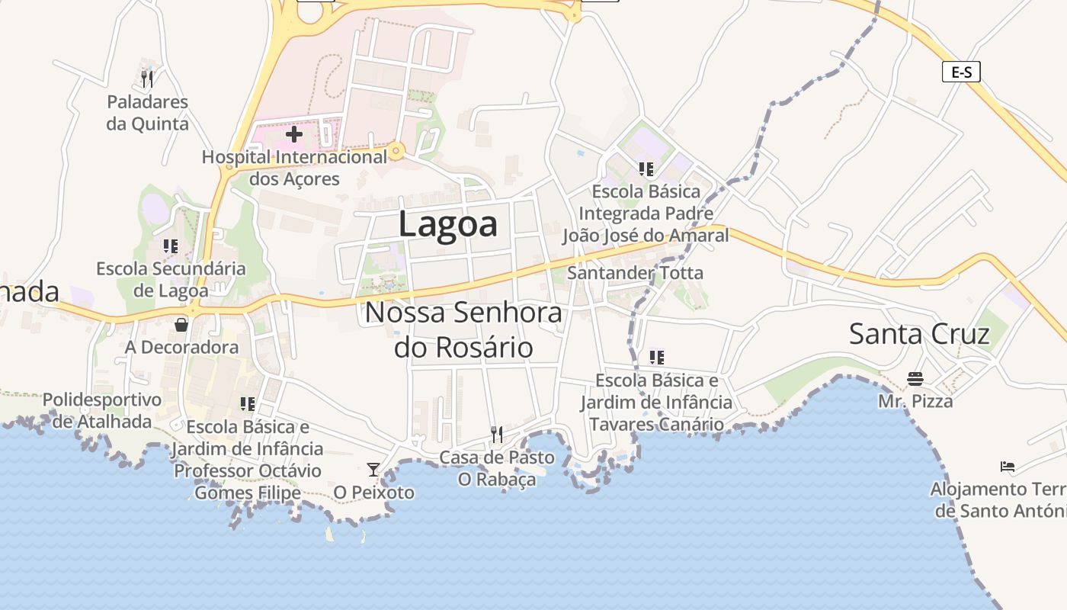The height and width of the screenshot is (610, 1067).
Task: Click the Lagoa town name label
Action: (x=448, y=224)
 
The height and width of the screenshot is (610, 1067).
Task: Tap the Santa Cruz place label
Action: (x=919, y=334)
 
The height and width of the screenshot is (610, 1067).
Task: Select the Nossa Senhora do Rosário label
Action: (x=463, y=329)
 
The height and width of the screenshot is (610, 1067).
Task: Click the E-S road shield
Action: (x=961, y=72)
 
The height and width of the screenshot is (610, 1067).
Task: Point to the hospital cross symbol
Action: (x=294, y=135)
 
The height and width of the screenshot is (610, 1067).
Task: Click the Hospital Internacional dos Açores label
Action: (x=295, y=168)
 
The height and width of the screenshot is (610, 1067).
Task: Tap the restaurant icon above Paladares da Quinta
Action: (x=147, y=79)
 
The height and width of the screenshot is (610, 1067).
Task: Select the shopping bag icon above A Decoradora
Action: (x=181, y=325)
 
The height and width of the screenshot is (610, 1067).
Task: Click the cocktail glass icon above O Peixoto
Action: (x=373, y=469)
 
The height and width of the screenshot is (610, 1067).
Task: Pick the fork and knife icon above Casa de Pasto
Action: (x=496, y=435)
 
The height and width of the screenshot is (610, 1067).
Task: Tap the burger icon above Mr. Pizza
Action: (x=915, y=378)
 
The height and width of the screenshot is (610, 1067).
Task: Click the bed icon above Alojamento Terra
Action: (x=1008, y=467)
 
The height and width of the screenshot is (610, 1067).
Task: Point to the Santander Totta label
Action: (x=636, y=272)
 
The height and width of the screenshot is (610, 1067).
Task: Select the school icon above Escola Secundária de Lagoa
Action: (x=171, y=246)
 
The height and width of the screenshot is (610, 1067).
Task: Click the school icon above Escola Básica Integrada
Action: (x=646, y=169)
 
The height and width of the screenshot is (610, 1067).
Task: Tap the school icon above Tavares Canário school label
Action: (x=657, y=357)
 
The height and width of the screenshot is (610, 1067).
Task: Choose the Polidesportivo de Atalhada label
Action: (x=102, y=410)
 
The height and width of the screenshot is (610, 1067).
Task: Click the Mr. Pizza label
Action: (x=915, y=401)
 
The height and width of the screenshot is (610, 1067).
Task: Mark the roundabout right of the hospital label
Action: (x=396, y=152)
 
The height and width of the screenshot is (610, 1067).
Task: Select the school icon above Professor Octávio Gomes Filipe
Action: (x=248, y=403)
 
